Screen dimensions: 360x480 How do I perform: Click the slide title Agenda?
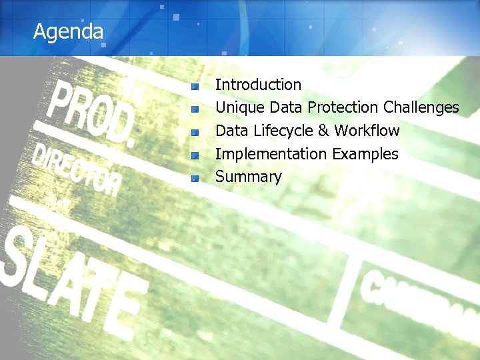69,31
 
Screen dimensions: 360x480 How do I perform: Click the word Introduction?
258,85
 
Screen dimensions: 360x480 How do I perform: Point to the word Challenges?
421,107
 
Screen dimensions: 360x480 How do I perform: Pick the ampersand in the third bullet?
323,130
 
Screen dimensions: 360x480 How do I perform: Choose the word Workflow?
367,130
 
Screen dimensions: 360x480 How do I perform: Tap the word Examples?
365,154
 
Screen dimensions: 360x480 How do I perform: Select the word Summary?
248,177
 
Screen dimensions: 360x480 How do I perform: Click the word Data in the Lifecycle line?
231,130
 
